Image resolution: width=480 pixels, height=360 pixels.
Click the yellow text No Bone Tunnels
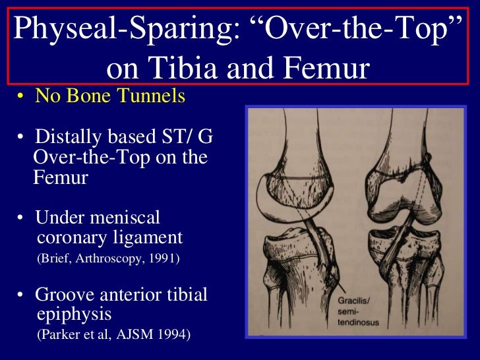110,97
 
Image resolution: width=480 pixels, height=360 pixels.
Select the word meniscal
128,218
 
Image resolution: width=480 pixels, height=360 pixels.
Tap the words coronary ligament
109,237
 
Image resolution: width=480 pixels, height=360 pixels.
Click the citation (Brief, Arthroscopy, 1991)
107,259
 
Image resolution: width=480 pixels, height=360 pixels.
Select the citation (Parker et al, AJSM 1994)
113,335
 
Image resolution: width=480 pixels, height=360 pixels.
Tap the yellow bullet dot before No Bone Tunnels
22,98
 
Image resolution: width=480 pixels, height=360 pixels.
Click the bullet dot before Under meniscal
22,218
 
